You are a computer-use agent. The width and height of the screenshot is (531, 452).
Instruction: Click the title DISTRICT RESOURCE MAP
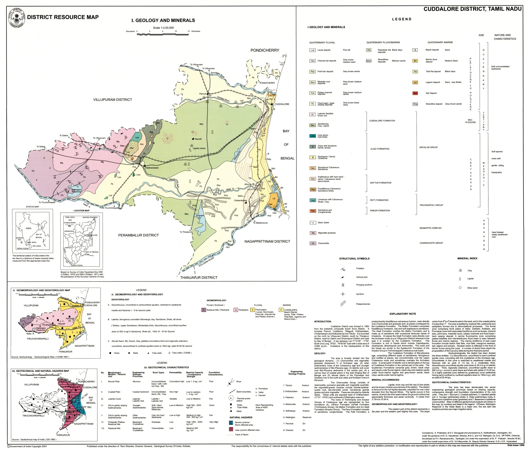pos(63,17)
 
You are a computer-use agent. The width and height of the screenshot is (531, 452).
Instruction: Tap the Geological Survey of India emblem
pos(17,17)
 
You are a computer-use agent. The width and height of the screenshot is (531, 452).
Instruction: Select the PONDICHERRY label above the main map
pos(265,50)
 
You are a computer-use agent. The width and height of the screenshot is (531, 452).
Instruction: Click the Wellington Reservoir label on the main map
pos(76,191)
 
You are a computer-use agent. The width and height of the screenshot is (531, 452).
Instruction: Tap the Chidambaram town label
pos(240,201)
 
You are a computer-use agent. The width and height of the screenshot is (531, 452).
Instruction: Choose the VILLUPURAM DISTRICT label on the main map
pos(112,100)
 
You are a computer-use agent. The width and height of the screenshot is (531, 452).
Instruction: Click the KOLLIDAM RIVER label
pos(206,262)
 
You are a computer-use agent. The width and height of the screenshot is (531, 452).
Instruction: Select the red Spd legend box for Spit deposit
pos(415,93)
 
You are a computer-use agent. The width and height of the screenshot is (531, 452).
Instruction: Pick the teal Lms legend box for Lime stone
pos(312,136)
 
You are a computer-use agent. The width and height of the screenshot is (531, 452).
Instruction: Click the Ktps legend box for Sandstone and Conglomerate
pos(313,211)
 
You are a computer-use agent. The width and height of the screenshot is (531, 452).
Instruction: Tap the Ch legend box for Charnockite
pos(313,243)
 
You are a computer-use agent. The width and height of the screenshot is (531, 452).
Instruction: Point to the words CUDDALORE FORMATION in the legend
pos(382,121)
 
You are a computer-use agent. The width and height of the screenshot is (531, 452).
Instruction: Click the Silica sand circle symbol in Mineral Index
pos(460,288)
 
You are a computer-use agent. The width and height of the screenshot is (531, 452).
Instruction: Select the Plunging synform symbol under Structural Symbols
pos(343,285)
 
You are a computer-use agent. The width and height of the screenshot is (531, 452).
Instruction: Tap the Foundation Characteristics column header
pos(216,374)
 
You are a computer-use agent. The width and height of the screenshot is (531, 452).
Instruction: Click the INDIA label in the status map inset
pos(28,228)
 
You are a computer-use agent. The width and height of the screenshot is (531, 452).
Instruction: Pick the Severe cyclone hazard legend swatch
pos(231,423)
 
